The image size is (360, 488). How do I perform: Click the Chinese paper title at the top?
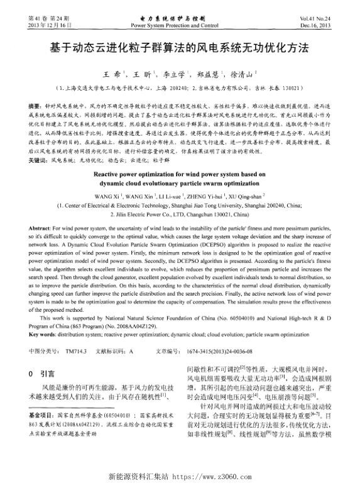pyautogui.click(x=180, y=48)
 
